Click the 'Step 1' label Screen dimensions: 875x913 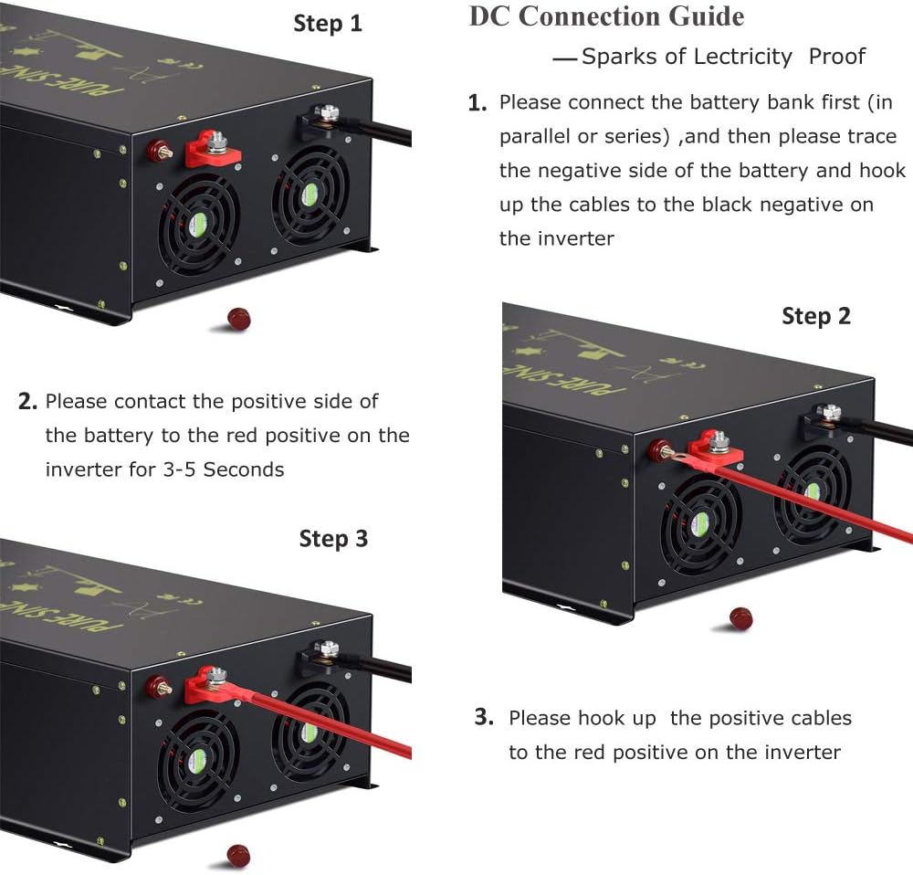(327, 24)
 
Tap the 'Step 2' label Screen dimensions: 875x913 (815, 316)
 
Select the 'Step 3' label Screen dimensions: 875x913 (333, 539)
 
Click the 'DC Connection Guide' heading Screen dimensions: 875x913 (606, 16)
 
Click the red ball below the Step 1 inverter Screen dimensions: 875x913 (237, 319)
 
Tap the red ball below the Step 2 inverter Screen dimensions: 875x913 (740, 618)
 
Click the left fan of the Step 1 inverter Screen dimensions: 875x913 (198, 220)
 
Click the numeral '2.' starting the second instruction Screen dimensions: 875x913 (27, 402)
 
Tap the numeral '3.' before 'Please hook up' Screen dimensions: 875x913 (484, 717)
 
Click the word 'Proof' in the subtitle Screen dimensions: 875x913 (836, 57)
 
